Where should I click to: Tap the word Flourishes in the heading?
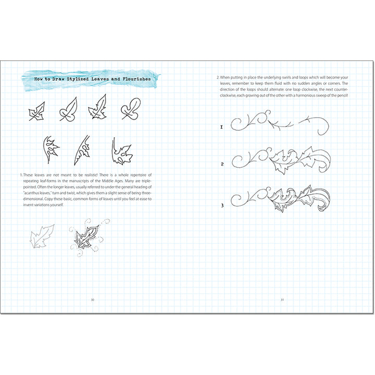[x=137, y=79]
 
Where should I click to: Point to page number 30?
[x=93, y=299]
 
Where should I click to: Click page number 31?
[x=282, y=299]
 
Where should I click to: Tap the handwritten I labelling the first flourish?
[x=221, y=127]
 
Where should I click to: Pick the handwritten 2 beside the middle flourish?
[x=222, y=164]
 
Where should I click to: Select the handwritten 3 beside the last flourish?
[x=222, y=205]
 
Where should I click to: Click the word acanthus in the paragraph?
[x=30, y=193]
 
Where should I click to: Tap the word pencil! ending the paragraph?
[x=343, y=95]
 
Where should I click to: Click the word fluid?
[x=277, y=83]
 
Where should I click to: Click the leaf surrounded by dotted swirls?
[x=86, y=237]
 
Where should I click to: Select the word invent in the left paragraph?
[x=28, y=205]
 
